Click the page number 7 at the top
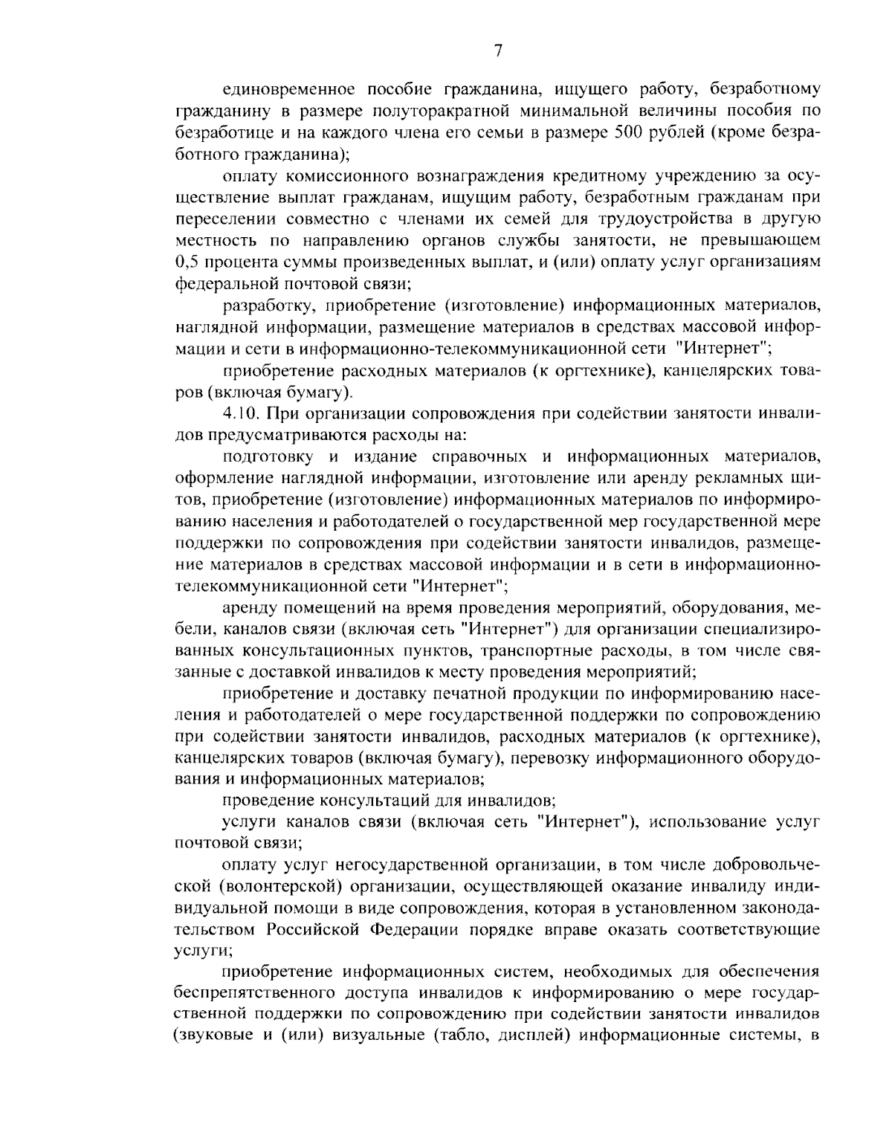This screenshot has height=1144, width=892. click(x=498, y=51)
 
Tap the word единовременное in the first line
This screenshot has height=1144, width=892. click(x=293, y=90)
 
